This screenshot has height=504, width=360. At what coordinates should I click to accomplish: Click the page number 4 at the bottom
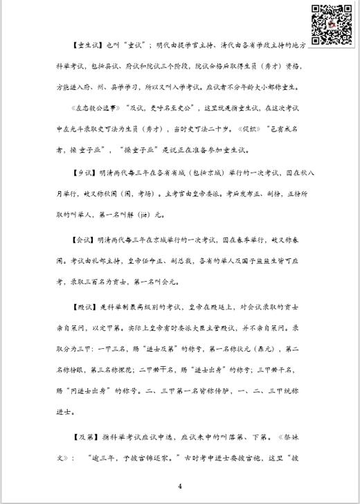click(179, 486)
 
